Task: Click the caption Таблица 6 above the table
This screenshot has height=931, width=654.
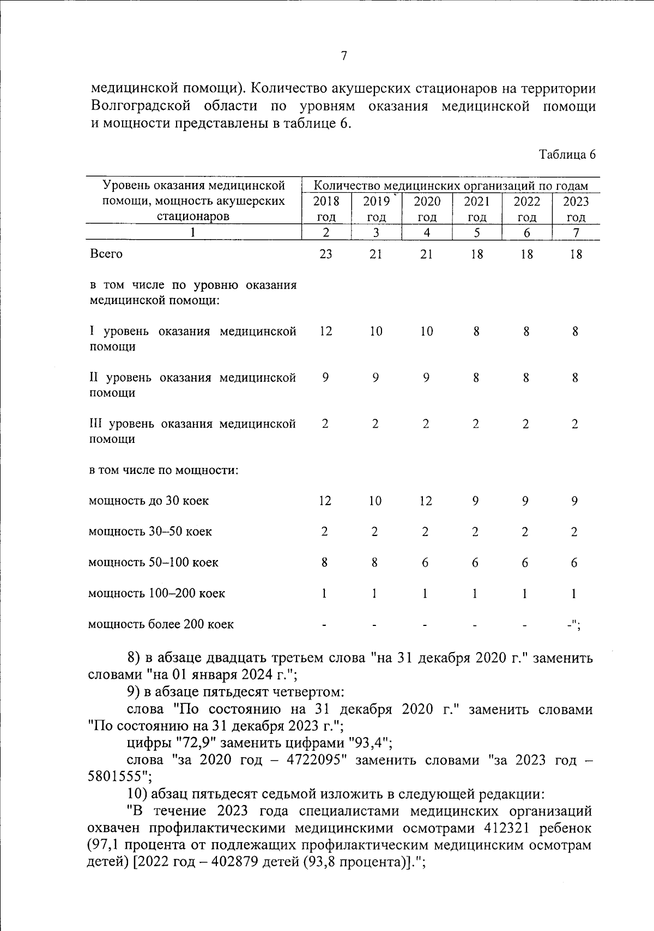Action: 567,155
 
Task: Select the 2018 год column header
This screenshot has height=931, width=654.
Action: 326,209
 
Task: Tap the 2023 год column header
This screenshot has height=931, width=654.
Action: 576,209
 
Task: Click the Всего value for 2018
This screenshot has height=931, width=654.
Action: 325,254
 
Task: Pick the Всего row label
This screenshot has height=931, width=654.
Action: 106,254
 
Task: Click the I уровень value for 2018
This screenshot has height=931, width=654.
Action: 325,331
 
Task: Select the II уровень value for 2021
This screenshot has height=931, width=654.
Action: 476,378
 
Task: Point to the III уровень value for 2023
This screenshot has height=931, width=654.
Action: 574,424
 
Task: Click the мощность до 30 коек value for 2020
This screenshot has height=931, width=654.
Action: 426,501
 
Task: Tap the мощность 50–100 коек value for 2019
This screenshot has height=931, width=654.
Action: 375,562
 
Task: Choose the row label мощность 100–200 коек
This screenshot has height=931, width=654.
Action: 156,593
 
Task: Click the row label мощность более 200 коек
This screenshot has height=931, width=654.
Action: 161,624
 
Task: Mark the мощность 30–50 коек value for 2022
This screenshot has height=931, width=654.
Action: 524,532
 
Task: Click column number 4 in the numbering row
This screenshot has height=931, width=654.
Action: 427,233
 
